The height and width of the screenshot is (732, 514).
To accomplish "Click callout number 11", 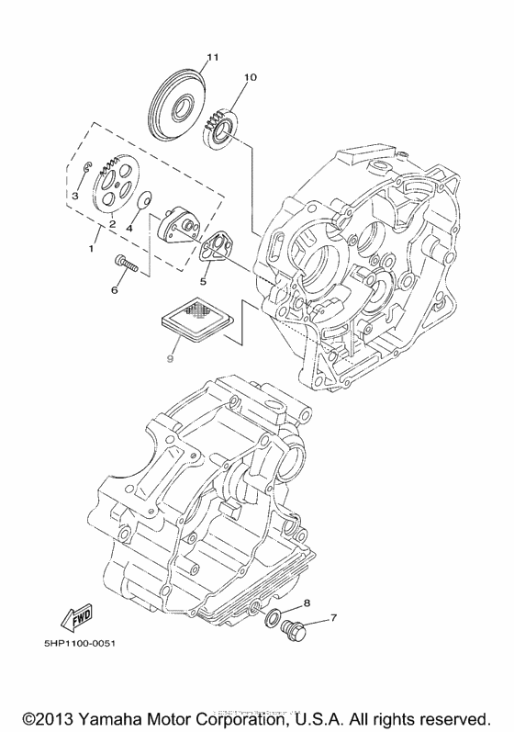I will (x=210, y=58).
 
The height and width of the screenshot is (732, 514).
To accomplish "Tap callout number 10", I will (x=251, y=78).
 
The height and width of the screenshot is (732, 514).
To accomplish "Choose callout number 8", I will (x=307, y=602).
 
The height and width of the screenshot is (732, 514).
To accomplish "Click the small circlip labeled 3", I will (x=82, y=168).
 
